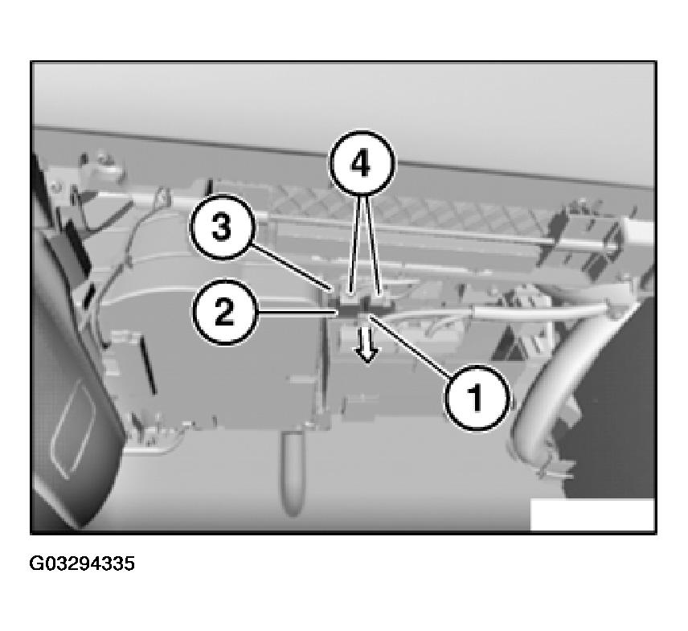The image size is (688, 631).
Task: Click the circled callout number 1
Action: [477, 398]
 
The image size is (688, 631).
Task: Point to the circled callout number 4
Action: [361, 163]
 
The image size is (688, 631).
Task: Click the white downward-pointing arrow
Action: [367, 342]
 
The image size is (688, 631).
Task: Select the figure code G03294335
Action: [82, 563]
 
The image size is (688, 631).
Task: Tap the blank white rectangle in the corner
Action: [592, 514]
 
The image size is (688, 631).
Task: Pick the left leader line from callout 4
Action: [356, 244]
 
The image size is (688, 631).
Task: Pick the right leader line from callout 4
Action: [372, 244]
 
